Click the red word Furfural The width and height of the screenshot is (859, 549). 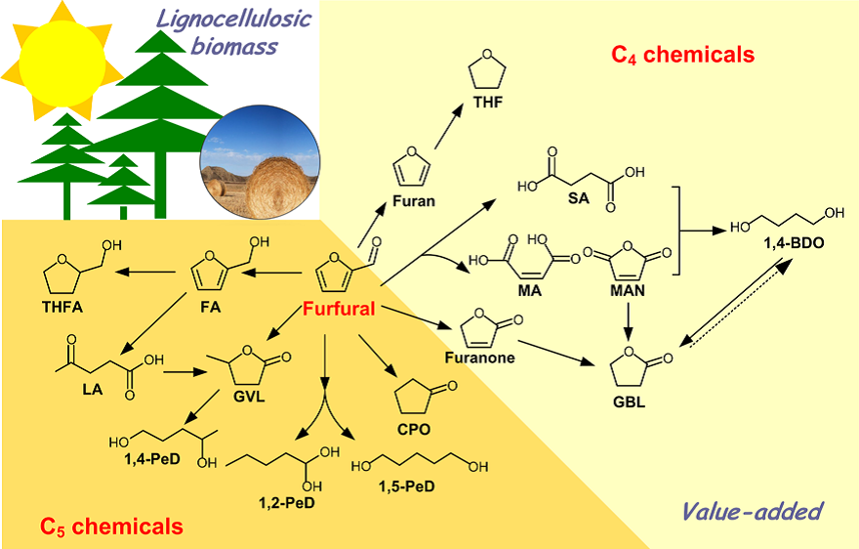pyautogui.click(x=339, y=309)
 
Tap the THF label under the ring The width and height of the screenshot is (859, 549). pyautogui.click(x=488, y=102)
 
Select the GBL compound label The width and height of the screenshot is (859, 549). pyautogui.click(x=629, y=402)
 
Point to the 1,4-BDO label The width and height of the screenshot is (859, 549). pyautogui.click(x=794, y=243)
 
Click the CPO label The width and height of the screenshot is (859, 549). pyautogui.click(x=414, y=430)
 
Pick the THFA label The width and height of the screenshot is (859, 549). pyautogui.click(x=62, y=307)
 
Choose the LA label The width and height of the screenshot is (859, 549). pyautogui.click(x=92, y=389)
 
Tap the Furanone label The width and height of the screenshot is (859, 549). pyautogui.click(x=480, y=359)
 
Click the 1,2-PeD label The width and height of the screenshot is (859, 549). pyautogui.click(x=287, y=502)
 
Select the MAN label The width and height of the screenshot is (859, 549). pyautogui.click(x=628, y=291)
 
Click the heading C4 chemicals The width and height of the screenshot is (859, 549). pyautogui.click(x=682, y=55)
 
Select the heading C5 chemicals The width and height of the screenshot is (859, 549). pyautogui.click(x=111, y=527)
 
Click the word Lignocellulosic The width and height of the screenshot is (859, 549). pyautogui.click(x=234, y=20)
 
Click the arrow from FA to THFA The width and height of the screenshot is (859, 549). pyautogui.click(x=145, y=272)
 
